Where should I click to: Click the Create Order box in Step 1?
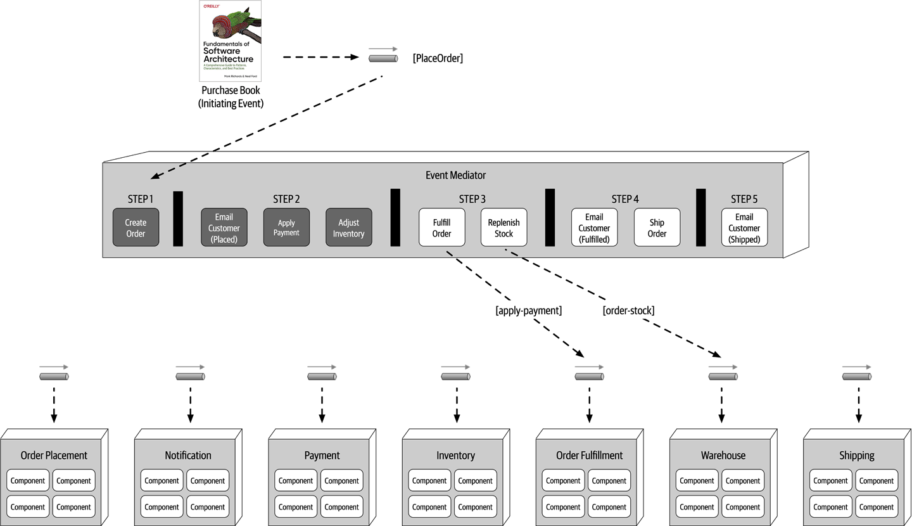136,228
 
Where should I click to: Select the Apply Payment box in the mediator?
286,228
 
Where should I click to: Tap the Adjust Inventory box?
348,228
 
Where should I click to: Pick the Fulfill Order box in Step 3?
441,228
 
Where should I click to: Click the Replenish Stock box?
503,228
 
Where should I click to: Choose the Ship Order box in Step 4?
657,228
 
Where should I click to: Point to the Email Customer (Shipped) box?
744,228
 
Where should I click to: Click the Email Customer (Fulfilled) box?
594,228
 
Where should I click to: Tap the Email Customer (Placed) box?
224,228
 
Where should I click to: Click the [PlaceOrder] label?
438,58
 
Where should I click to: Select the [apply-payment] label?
528,311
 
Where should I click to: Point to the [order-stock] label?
628,311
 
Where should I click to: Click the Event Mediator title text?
455,175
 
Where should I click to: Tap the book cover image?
231,41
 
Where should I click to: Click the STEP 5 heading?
744,199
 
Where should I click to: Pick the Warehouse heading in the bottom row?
723,455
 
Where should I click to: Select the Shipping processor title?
856,455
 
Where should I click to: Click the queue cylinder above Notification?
190,376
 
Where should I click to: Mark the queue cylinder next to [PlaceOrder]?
383,58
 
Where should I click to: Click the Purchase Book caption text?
231,96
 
